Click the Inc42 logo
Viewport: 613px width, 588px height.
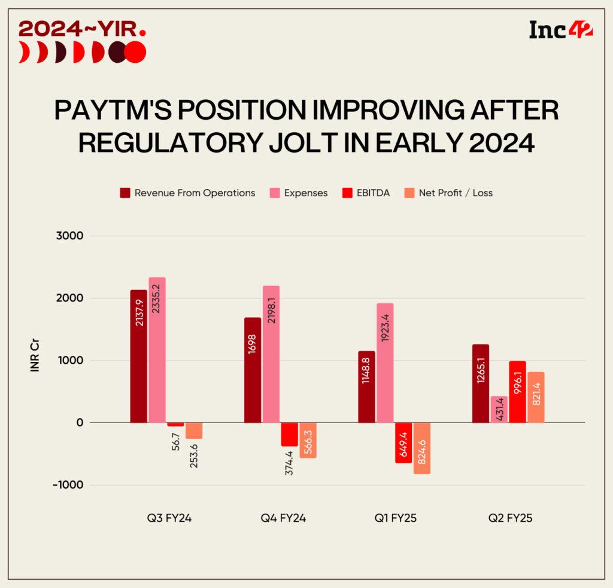[x=561, y=29]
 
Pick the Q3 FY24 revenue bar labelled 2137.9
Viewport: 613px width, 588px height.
[x=139, y=357]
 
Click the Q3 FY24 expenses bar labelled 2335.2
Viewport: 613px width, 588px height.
[x=157, y=350]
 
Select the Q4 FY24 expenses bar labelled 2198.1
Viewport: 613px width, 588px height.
[x=271, y=354]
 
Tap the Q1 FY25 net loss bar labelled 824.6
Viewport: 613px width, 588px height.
[x=421, y=448]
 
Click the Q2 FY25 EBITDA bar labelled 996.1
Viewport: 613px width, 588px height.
[x=517, y=392]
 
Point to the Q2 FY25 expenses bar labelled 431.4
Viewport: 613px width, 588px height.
[x=499, y=409]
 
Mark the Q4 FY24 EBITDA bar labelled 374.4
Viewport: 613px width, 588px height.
[x=290, y=434]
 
